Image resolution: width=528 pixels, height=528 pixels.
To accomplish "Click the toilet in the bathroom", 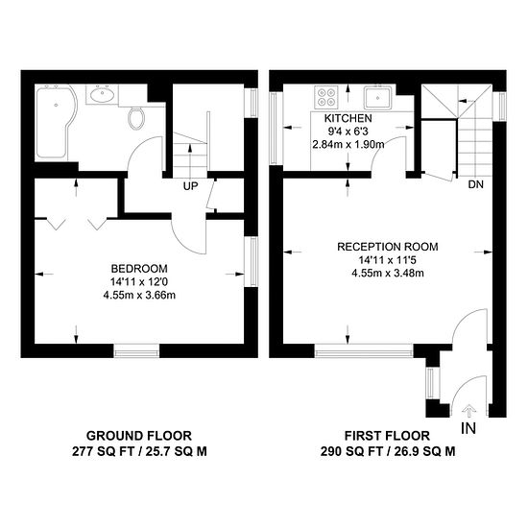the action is (x=136, y=117).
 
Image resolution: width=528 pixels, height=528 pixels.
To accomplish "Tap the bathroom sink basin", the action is (x=102, y=95).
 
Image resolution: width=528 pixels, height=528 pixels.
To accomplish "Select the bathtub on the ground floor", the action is (x=56, y=123).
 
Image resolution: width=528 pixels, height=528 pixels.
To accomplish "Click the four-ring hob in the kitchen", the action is (x=326, y=97).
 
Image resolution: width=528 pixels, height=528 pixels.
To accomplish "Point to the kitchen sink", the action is (x=377, y=98).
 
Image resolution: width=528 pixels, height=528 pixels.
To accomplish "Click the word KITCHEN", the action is (x=348, y=118).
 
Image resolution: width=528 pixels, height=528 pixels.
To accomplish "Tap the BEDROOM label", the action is (x=139, y=269).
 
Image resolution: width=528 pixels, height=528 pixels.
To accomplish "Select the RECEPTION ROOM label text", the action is (x=388, y=247).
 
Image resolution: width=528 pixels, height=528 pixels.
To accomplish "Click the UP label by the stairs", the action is (x=191, y=186).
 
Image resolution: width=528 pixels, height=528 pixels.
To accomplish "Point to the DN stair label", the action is (x=476, y=184).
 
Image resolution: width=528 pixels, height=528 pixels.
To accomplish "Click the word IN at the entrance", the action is (x=468, y=428).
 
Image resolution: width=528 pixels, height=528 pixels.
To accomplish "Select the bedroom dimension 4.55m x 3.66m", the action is (x=139, y=296).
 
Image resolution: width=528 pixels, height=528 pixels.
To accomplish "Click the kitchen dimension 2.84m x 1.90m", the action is (x=348, y=144).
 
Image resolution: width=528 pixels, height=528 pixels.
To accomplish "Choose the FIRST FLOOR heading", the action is (x=387, y=436).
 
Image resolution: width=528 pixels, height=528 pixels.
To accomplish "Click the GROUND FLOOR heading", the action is (x=139, y=436).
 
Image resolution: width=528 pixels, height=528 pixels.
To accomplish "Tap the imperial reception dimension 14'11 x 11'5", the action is (x=387, y=260).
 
